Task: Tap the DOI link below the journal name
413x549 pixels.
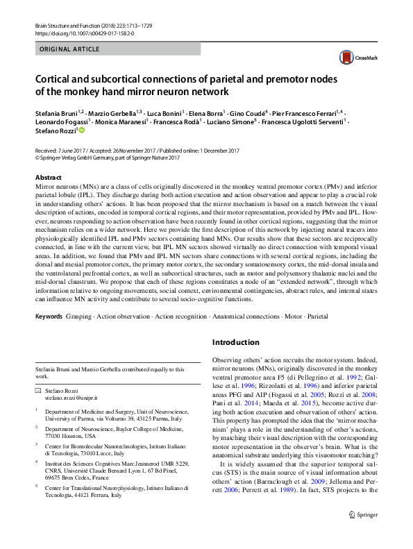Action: coord(84,33)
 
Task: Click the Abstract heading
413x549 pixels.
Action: coord(48,178)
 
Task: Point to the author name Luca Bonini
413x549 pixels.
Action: coord(166,112)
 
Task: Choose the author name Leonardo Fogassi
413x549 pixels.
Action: coord(60,121)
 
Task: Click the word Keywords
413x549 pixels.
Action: coord(49,316)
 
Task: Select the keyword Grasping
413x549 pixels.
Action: coord(78,316)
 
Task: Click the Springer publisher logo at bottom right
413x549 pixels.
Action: coord(362,534)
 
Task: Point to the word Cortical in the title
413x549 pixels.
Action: coord(54,79)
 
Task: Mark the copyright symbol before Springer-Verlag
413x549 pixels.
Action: coord(37,158)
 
